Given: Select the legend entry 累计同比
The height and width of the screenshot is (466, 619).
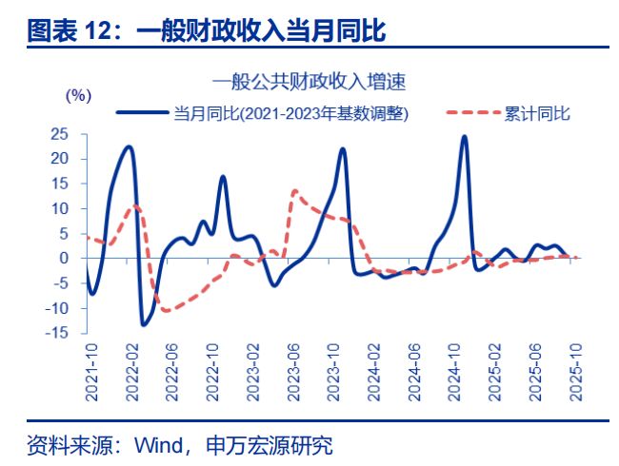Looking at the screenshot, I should pyautogui.click(x=538, y=113).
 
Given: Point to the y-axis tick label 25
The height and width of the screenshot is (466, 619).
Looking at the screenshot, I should pyautogui.click(x=59, y=134).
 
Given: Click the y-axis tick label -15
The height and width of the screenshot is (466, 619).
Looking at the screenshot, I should pyautogui.click(x=56, y=332).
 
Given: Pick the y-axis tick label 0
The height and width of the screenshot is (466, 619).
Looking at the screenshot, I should pyautogui.click(x=64, y=258).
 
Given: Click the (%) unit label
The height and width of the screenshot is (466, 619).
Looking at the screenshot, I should pyautogui.click(x=78, y=95).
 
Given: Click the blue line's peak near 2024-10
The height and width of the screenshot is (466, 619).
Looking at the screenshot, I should pyautogui.click(x=464, y=137).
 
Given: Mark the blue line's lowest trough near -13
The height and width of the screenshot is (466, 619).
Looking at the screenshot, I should pyautogui.click(x=143, y=324).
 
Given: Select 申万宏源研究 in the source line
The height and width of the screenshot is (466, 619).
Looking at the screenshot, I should pyautogui.click(x=276, y=444).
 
